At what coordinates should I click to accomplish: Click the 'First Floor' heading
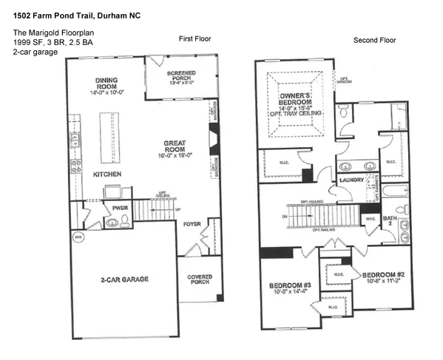tap(195, 38)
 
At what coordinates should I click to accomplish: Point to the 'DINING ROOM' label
tap(112, 85)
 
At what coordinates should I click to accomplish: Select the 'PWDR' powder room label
tap(121, 208)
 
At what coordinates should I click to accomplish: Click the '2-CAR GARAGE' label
tap(124, 279)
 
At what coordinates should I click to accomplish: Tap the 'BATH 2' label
tap(390, 220)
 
